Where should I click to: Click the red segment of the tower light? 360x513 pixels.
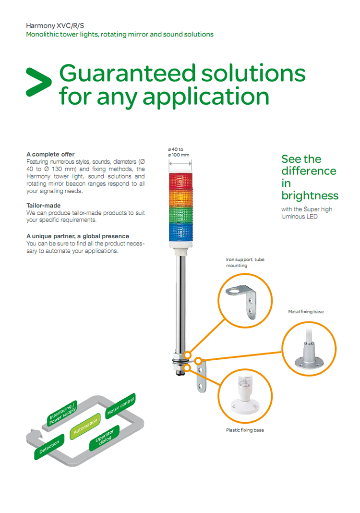coord(180,181)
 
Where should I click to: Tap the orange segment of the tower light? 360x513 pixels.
coord(180,197)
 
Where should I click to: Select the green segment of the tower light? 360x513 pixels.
coord(180,214)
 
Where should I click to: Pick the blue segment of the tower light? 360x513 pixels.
coord(180,232)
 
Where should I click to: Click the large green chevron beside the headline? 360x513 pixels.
coord(38,82)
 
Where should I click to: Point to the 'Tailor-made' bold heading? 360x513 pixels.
coord(44,206)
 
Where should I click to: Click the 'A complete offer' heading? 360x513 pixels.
coord(50,154)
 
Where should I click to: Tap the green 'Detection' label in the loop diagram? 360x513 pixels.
coord(49,447)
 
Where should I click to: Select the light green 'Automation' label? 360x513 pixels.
coord(85,427)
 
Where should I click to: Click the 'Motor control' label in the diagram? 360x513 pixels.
coord(120,406)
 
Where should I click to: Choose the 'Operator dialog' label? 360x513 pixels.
coord(105,438)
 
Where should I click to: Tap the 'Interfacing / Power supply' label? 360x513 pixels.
coord(62,414)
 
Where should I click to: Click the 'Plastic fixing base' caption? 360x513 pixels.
coord(245,430)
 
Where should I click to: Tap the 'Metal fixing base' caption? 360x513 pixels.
coord(306,311)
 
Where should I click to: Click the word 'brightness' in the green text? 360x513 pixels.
coord(310,195)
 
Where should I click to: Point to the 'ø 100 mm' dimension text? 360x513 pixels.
coord(179,155)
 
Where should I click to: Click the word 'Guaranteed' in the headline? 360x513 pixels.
coord(128,73)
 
